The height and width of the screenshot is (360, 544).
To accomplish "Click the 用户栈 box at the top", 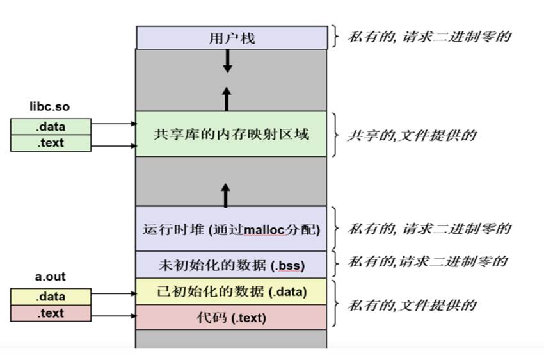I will pyautogui.click(x=231, y=38).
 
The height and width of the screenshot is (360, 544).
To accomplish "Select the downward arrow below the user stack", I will pyautogui.click(x=227, y=61).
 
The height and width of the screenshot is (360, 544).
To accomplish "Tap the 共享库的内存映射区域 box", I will pyautogui.click(x=231, y=135).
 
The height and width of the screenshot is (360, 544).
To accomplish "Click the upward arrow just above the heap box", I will pyautogui.click(x=226, y=194).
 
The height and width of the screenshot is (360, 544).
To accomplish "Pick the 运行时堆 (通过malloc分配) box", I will pyautogui.click(x=231, y=229).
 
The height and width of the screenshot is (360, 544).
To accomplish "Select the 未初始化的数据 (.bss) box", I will pyautogui.click(x=231, y=264).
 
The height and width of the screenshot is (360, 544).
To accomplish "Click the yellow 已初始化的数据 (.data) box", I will pyautogui.click(x=231, y=292).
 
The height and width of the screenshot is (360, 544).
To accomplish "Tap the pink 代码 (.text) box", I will pyautogui.click(x=231, y=316).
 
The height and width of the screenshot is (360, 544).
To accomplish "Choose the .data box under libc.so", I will pyautogui.click(x=50, y=126).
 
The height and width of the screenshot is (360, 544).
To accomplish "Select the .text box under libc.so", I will pyautogui.click(x=50, y=143).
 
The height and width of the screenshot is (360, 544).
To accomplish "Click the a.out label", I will pyautogui.click(x=49, y=277).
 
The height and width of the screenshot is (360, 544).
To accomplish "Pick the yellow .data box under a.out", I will pyautogui.click(x=50, y=297).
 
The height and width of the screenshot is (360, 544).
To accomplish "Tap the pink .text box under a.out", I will pyautogui.click(x=50, y=313).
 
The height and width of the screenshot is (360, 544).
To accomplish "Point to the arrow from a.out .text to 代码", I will pyautogui.click(x=113, y=315).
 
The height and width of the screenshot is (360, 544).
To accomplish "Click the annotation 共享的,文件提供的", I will pyautogui.click(x=412, y=135).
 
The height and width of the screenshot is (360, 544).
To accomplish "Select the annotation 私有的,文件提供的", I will pyautogui.click(x=412, y=305).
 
